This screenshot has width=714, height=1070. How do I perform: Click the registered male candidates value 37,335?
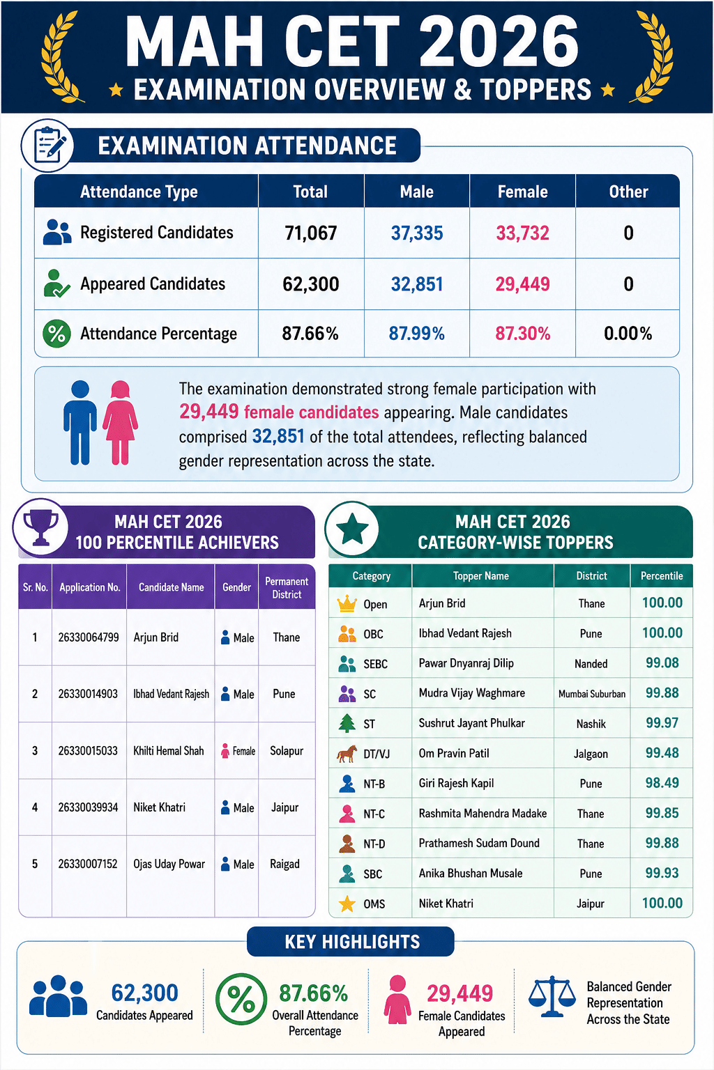(416, 233)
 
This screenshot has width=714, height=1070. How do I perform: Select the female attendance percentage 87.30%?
(522, 334)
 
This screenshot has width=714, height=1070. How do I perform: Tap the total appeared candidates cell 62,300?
(310, 284)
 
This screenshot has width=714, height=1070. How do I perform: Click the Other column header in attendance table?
(628, 192)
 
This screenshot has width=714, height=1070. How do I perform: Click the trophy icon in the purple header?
(40, 527)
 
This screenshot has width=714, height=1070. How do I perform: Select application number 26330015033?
(88, 750)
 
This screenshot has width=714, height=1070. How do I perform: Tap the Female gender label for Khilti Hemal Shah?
(244, 751)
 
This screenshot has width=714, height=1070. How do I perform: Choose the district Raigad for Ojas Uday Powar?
(284, 864)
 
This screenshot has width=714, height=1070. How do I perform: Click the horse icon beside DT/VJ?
(347, 754)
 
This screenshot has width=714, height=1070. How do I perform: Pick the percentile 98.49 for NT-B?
(662, 783)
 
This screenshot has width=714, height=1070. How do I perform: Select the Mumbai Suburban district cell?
(591, 694)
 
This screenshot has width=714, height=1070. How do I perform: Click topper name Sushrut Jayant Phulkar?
(471, 723)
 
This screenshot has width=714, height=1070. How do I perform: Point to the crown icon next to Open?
(347, 604)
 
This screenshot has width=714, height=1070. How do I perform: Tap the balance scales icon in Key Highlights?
(552, 995)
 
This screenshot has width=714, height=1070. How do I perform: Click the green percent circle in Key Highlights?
(241, 999)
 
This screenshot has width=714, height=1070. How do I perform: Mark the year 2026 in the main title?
(499, 41)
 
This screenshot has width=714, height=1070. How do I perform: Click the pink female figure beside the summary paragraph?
(120, 422)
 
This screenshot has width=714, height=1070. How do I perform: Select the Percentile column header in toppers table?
(662, 575)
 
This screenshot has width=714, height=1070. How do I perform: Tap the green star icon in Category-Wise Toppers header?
(352, 528)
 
